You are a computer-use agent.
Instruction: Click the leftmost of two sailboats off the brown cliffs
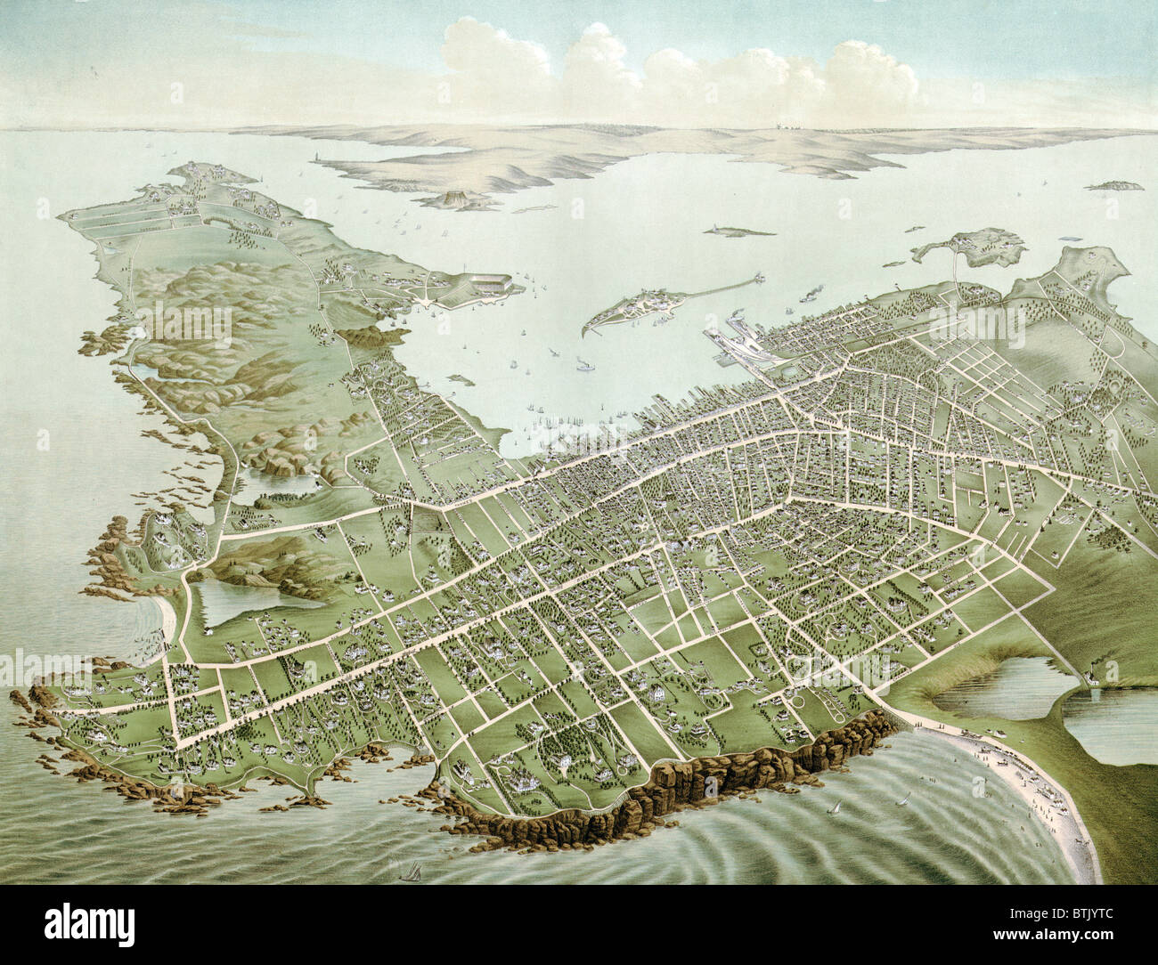[836, 807]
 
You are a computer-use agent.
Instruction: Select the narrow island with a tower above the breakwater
[739, 231]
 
